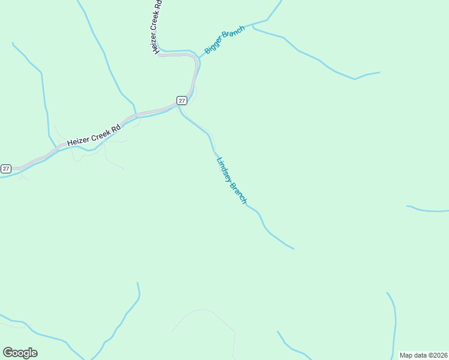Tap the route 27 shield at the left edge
[x=6, y=169]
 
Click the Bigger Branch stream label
[x=225, y=40]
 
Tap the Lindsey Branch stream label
[x=231, y=181]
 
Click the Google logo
[x=20, y=353]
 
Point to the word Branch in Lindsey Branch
[x=238, y=191]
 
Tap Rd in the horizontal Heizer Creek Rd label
[x=116, y=128]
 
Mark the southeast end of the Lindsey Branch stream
[x=294, y=248]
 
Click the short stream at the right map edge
[x=427, y=210]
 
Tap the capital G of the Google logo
[x=8, y=352]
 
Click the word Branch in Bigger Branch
[x=233, y=34]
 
